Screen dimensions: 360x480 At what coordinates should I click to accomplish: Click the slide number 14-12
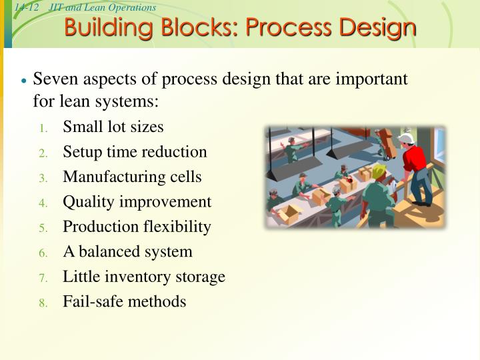coord(27,7)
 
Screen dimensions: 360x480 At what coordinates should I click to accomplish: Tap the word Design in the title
coord(377,29)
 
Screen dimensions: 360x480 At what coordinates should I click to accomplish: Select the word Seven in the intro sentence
coord(53,79)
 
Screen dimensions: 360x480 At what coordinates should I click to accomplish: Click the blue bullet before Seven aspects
coord(24,81)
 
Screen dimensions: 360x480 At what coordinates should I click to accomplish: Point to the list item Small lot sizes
coord(113,127)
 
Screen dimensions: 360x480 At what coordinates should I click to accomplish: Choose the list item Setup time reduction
coord(135,152)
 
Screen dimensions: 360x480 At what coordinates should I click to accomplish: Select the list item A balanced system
coord(127,251)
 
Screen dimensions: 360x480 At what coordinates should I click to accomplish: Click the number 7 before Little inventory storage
coord(42,277)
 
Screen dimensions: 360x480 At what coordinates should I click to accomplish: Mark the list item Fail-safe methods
coord(125,301)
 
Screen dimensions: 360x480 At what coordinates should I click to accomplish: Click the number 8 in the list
coord(42,303)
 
